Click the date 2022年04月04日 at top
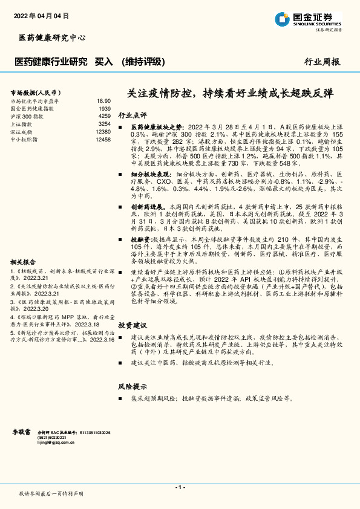point(41,15)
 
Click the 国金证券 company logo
point(308,19)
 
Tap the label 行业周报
point(322,62)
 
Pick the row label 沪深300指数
point(27,115)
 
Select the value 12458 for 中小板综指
point(103,139)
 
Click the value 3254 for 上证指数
point(104,123)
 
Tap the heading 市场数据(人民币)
point(34,92)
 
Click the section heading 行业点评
point(133,114)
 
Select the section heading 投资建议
point(133,325)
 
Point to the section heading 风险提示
point(133,386)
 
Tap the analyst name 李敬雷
point(23,433)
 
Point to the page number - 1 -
point(180,487)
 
